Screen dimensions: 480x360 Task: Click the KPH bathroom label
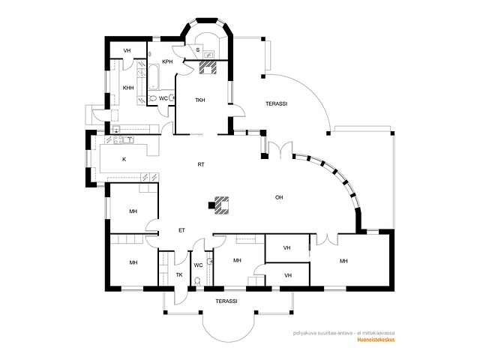point(167,61)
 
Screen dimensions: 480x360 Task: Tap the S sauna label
point(198,49)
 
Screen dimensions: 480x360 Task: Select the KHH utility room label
point(128,88)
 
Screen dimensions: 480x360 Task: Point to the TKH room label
point(200,100)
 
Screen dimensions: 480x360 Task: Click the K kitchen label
point(124,159)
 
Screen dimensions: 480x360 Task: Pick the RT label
point(201,164)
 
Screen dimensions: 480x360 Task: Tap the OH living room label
point(279,197)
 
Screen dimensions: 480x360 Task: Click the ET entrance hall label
point(181,230)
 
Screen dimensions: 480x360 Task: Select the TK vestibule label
point(179,275)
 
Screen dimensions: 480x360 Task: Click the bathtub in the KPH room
point(154,76)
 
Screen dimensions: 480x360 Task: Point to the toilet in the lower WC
point(197,280)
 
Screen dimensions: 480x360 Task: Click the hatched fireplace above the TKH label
point(208,67)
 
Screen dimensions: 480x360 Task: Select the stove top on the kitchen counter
point(118,140)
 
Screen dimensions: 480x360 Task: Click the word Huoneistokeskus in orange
point(376,340)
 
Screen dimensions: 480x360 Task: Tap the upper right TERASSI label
point(277,103)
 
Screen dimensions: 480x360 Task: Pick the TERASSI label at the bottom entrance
point(226,301)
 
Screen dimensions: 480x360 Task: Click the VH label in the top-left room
point(127,50)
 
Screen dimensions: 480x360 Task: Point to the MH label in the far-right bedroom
point(343,261)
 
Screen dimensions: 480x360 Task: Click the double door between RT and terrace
point(280,150)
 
